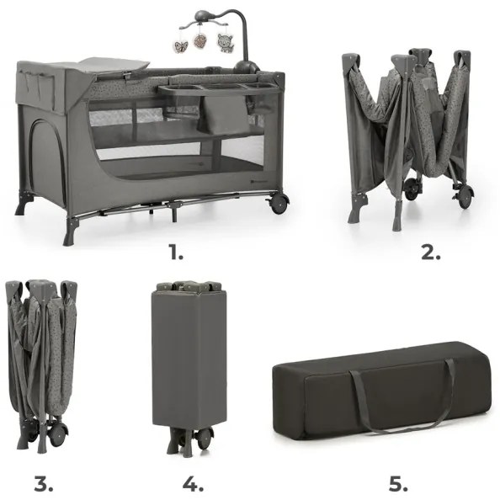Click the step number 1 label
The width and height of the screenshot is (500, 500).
pos(175,250)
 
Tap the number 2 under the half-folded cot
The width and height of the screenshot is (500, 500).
pos(430,251)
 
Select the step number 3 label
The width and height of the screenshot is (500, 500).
pos(44,484)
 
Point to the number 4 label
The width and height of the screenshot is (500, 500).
pos(193,484)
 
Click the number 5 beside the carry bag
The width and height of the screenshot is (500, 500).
pos(397,484)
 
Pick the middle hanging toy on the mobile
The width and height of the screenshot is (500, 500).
pos(201,42)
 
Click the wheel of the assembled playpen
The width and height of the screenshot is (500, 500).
pos(279,203)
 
